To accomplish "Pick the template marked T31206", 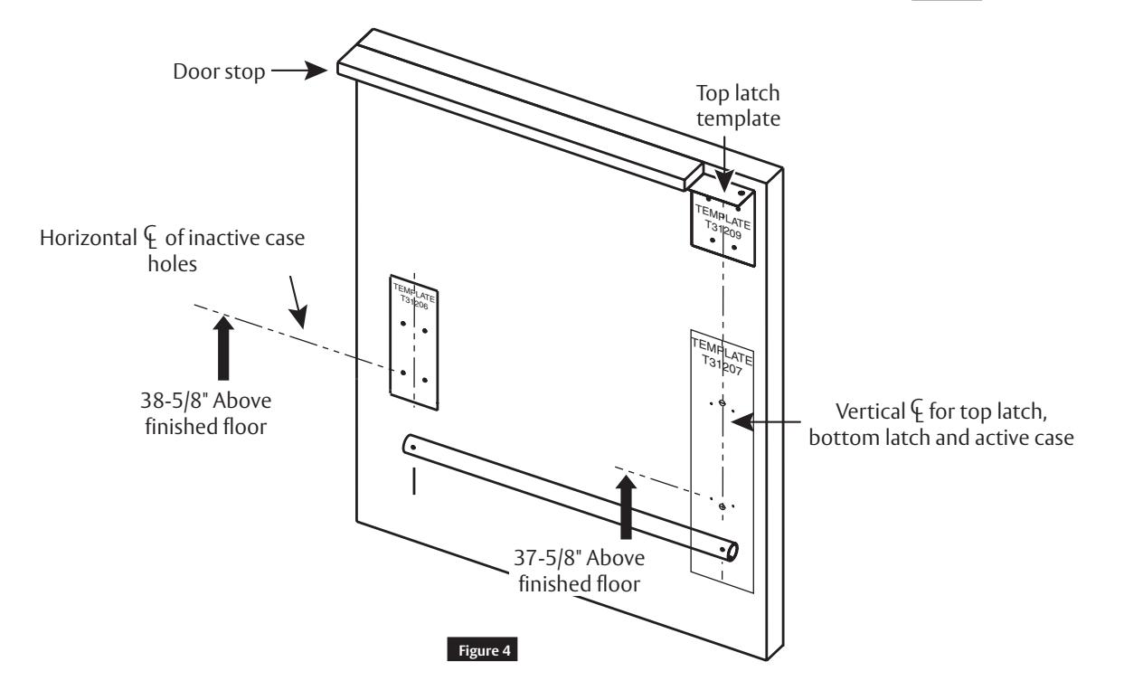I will click(414, 339).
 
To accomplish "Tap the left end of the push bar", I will click(411, 446).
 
